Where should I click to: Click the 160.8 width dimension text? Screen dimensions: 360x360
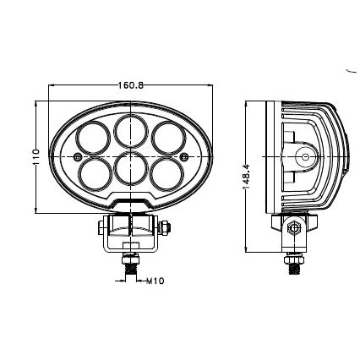[x=131, y=85]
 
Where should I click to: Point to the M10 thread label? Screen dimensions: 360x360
[x=155, y=281]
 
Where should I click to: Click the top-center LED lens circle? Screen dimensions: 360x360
[x=131, y=131]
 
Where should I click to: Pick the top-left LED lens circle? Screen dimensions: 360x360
[x=92, y=138]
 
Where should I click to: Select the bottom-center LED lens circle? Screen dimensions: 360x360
[x=131, y=167]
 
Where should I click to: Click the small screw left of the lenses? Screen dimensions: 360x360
[x=77, y=157]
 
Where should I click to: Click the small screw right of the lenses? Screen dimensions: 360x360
[x=185, y=157]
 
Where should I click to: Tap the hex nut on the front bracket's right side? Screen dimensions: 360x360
[x=166, y=226]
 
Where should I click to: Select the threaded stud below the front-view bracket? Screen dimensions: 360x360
[x=131, y=265]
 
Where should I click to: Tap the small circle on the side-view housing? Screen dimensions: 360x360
[x=303, y=156]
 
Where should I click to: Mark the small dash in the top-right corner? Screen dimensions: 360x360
[x=350, y=73]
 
